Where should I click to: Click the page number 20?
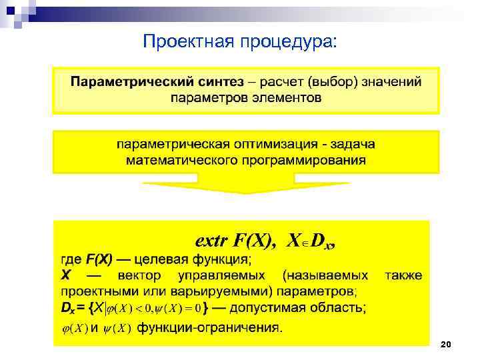(x=446, y=344)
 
